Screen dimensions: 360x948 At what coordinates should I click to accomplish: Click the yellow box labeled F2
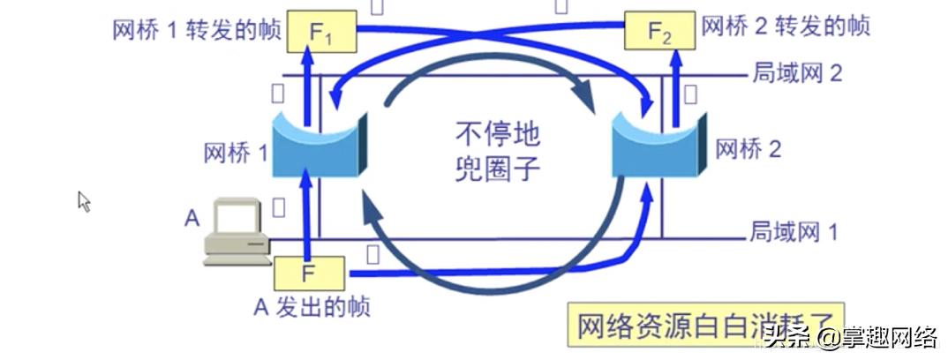pos(659,32)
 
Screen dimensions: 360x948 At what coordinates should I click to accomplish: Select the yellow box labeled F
pos(306,273)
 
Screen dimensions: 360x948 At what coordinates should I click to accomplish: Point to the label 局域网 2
pos(797,72)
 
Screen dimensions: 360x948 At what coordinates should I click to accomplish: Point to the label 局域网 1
pos(793,232)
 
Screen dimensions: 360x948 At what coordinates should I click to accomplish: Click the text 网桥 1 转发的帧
pos(197,30)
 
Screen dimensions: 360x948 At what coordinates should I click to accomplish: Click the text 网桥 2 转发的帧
pos(786,26)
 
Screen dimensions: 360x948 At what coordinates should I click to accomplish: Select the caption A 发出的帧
pos(312,306)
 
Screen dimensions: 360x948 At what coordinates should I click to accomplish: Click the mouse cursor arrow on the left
pos(84,201)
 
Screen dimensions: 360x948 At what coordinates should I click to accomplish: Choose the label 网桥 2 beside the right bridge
pos(749,148)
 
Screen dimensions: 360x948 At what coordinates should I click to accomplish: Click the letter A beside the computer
pos(192,217)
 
